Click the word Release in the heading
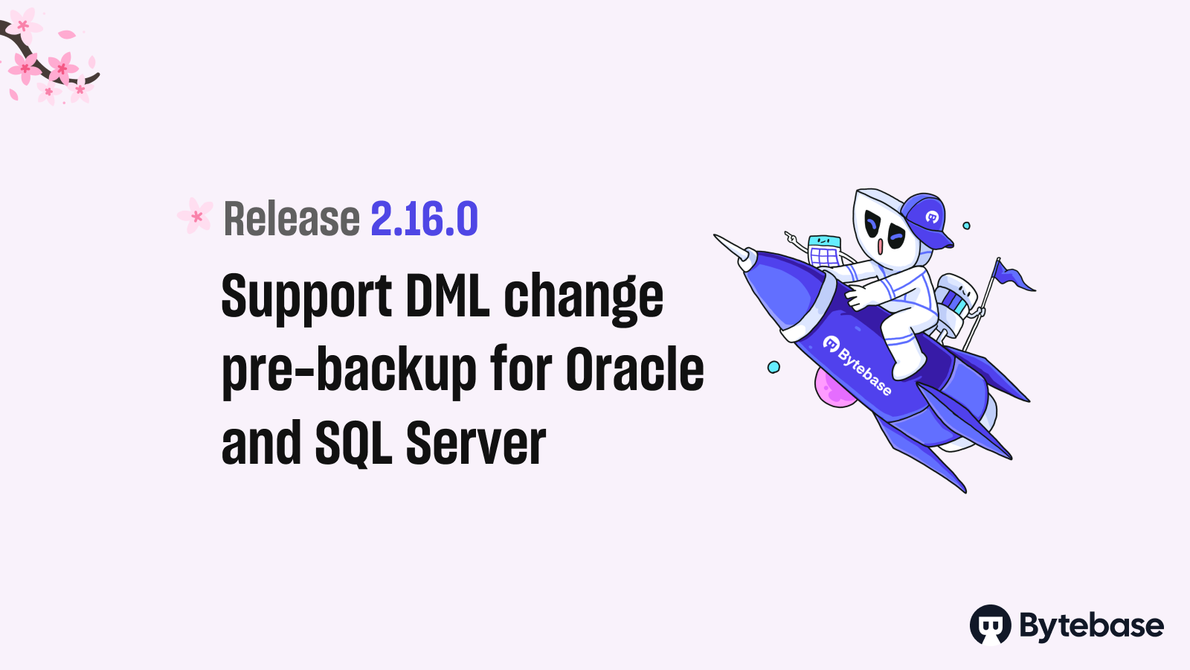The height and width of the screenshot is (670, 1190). [292, 218]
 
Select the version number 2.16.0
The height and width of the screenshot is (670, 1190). [425, 218]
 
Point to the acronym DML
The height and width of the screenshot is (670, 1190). [447, 295]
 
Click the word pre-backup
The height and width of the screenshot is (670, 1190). [349, 371]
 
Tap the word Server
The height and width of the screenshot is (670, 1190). [476, 442]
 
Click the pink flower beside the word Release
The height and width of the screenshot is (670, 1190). [196, 215]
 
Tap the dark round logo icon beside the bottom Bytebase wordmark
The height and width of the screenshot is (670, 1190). [990, 625]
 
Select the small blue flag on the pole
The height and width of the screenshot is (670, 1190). [1014, 276]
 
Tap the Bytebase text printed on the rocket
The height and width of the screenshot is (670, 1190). [858, 365]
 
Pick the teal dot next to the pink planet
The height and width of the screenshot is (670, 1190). [773, 367]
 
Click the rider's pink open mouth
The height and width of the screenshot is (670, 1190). [881, 246]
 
